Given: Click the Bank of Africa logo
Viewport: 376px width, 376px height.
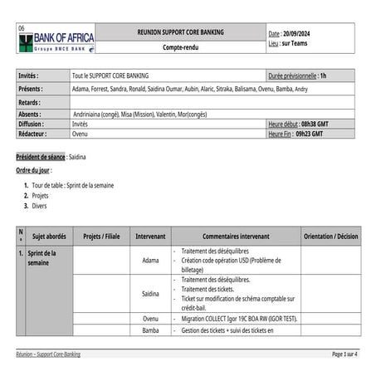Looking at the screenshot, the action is (x=56, y=39).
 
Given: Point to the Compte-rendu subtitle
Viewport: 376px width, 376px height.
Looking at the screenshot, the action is (x=180, y=47).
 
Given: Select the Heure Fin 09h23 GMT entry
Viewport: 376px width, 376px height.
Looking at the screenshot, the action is (x=297, y=133).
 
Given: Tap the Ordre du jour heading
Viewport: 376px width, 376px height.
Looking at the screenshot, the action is (x=33, y=170).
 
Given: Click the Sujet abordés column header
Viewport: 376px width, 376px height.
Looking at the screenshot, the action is (x=49, y=236).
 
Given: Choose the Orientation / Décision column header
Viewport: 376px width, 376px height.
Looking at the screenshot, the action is (x=330, y=236).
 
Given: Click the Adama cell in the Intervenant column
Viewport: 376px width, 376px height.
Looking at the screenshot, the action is (x=150, y=260).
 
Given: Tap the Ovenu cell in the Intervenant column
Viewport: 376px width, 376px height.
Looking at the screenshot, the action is (x=150, y=319).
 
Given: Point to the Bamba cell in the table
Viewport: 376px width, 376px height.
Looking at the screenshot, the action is (x=150, y=330).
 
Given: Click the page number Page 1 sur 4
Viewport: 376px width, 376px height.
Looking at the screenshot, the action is (x=344, y=354).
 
